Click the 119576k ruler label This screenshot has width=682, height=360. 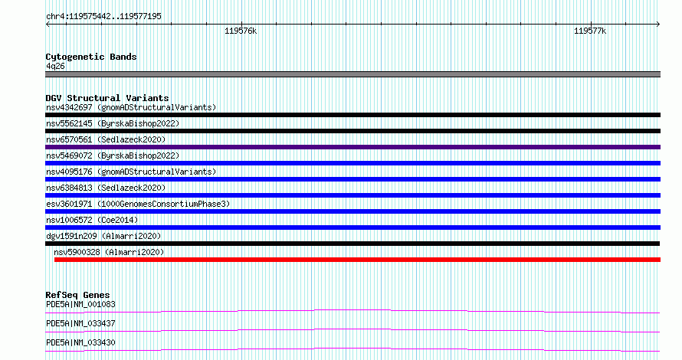point(241,31)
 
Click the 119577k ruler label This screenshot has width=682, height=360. point(590,31)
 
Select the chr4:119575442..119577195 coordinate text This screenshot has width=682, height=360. point(103,16)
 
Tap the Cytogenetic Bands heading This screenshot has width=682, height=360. point(91,57)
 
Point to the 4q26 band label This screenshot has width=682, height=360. point(55,66)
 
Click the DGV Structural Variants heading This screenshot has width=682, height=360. point(107,98)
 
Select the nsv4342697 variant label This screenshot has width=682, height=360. point(69,107)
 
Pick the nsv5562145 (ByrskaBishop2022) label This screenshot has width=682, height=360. point(113,123)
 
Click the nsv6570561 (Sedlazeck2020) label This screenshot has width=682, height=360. point(106,139)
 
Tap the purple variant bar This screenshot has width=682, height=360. point(352,147)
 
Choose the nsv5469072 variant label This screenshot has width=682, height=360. point(69,155)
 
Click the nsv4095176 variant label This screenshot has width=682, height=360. point(69,172)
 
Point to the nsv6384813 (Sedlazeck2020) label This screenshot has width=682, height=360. point(106,188)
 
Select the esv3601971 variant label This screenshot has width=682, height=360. point(69,204)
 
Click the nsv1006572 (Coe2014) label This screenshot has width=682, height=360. point(92,220)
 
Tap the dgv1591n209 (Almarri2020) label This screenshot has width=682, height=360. point(103,236)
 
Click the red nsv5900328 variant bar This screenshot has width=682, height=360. point(358,260)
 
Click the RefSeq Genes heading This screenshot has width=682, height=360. point(77,295)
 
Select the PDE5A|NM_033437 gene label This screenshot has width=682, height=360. point(80,323)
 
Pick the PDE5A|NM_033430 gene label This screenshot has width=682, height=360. point(80,342)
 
